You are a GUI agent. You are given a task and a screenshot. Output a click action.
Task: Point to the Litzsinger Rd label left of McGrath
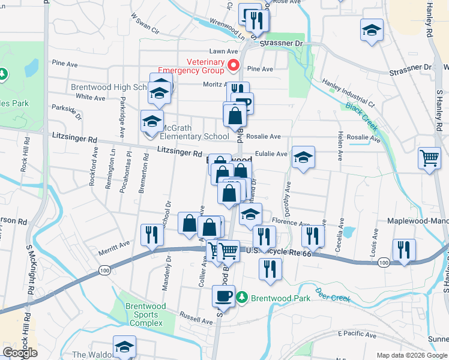(75, 139)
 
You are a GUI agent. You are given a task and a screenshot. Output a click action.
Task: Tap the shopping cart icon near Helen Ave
(429, 159)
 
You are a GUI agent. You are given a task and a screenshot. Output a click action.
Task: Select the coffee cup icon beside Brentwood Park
(224, 295)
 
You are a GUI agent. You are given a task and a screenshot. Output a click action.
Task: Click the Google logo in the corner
(20, 353)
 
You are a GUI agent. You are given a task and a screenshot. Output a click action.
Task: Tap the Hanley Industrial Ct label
(348, 94)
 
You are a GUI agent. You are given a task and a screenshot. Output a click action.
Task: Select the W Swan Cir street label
(145, 24)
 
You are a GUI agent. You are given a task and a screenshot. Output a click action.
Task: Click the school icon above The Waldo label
(124, 346)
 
